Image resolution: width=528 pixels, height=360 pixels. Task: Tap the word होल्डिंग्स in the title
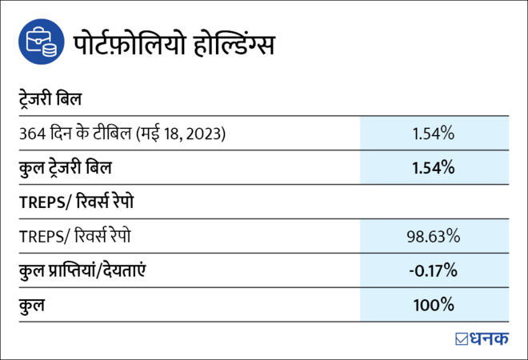[234, 44]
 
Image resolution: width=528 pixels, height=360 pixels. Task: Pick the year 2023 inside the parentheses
[205, 134]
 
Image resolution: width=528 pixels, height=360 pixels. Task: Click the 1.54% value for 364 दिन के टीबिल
[434, 134]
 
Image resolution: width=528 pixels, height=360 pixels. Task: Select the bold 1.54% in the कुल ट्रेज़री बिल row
[434, 168]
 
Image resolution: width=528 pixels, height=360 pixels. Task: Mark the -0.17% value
[434, 270]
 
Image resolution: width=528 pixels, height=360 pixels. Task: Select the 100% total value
[434, 305]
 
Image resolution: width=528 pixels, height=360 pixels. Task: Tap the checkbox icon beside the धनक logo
[462, 338]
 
